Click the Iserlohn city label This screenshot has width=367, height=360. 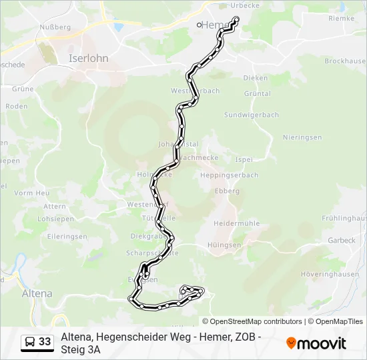pyautogui.click(x=89, y=58)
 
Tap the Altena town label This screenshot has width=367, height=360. pyautogui.click(x=37, y=293)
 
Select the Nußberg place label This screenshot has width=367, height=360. pyautogui.click(x=56, y=27)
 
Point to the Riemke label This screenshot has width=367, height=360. pyautogui.click(x=342, y=19)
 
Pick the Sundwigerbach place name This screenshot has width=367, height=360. pyautogui.click(x=252, y=115)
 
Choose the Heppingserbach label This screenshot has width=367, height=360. pyautogui.click(x=229, y=175)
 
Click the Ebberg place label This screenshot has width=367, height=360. pyautogui.click(x=227, y=191)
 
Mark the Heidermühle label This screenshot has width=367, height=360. pyautogui.click(x=236, y=223)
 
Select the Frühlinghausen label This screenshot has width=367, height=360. pyautogui.click(x=344, y=218)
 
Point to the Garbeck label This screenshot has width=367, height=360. pyautogui.click(x=341, y=240)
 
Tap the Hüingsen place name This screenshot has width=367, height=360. pyautogui.click(x=224, y=245)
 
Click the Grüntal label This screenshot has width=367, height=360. pyautogui.click(x=258, y=94)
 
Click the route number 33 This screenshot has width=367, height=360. pyautogui.click(x=45, y=342)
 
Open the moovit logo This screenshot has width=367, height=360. pyautogui.click(x=316, y=343)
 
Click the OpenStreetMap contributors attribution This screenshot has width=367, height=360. pyautogui.click(x=252, y=321)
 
